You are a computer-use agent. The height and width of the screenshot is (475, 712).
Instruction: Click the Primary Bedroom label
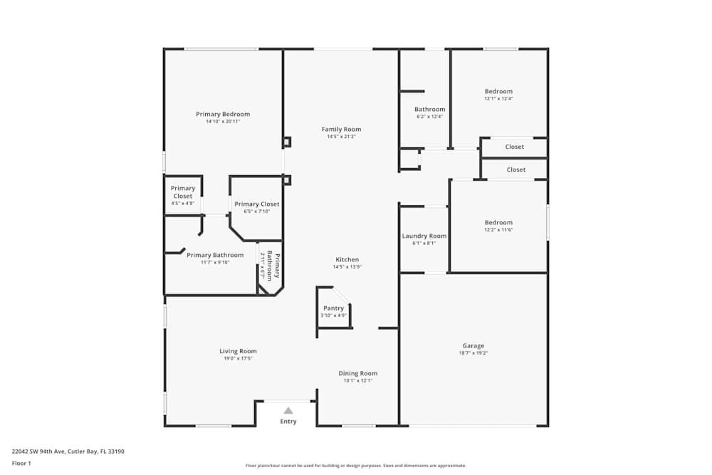(223, 114)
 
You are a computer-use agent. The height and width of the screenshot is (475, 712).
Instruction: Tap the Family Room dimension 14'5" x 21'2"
(341, 137)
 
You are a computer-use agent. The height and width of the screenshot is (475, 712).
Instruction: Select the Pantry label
(333, 308)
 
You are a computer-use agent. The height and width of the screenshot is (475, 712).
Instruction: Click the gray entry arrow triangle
(288, 410)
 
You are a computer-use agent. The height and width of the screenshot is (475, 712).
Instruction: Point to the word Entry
(288, 422)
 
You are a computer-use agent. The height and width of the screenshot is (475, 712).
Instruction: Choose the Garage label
(473, 345)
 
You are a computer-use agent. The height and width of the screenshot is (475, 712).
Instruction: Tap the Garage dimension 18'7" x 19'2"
(473, 353)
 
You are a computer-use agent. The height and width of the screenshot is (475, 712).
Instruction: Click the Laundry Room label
(424, 236)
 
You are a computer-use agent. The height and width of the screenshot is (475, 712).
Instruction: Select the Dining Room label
(357, 373)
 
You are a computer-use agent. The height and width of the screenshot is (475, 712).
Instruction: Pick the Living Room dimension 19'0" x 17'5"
(238, 358)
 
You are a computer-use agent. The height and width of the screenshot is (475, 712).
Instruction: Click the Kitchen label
(347, 259)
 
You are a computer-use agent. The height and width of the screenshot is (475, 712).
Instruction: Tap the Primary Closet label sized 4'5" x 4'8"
(183, 192)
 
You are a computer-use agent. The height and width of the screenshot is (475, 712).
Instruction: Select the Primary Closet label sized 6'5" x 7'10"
(257, 204)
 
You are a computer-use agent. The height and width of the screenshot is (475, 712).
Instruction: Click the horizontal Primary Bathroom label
(215, 255)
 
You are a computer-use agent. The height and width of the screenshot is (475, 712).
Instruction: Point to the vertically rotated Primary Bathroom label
(274, 266)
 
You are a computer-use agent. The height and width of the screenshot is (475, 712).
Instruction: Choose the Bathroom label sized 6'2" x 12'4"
(430, 109)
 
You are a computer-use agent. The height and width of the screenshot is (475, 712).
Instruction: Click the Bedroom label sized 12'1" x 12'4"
(498, 91)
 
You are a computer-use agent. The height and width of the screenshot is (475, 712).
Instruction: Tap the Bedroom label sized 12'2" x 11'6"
(498, 222)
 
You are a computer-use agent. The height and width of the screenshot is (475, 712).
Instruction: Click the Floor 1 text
(21, 463)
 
